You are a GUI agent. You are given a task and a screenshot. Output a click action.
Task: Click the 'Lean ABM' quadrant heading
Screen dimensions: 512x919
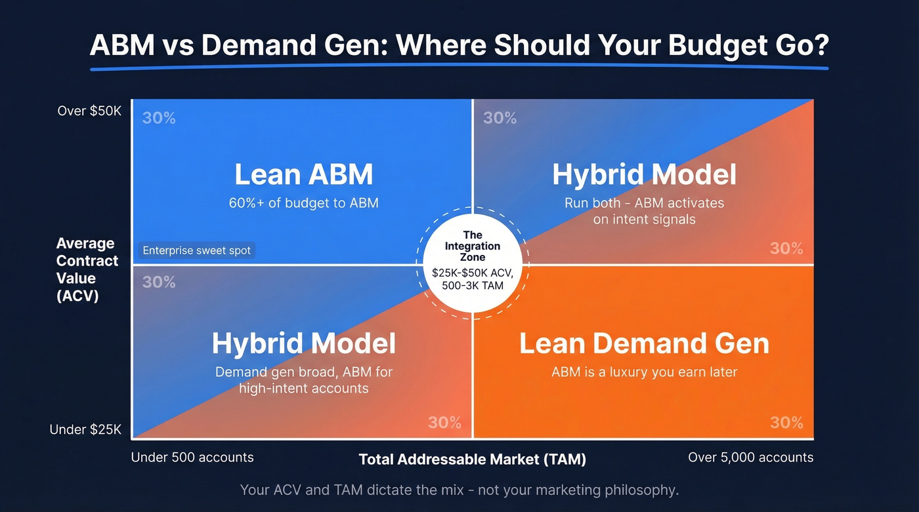[x=303, y=175]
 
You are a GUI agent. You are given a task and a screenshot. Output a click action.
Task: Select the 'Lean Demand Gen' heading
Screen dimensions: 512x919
[x=643, y=344]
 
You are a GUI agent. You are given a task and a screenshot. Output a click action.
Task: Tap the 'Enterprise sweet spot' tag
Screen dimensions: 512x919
[x=197, y=250]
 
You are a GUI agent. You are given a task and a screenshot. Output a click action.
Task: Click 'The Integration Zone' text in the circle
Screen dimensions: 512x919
[x=473, y=246]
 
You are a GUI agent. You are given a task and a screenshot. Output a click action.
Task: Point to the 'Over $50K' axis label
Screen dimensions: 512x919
[x=89, y=111]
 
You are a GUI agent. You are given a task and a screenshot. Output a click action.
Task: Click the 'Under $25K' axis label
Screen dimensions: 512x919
[x=86, y=430]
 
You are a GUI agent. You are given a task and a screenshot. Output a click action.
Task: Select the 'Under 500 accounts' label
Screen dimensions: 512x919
[x=192, y=458]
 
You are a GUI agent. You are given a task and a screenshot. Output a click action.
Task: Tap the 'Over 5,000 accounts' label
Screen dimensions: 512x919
[x=750, y=458]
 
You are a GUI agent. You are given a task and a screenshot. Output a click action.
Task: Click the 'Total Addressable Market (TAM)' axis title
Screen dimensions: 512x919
[x=472, y=460]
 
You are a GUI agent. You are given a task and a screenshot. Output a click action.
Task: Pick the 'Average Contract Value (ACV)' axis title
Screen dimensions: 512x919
[x=87, y=269]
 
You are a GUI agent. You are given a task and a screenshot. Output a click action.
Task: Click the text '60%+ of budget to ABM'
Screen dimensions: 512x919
[x=303, y=203]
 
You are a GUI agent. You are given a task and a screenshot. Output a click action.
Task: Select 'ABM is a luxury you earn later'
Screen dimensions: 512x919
[x=644, y=372]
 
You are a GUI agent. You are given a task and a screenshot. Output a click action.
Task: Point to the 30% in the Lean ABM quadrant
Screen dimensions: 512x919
[x=159, y=118]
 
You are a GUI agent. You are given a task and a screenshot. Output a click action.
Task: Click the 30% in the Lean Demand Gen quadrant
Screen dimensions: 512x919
[x=786, y=422]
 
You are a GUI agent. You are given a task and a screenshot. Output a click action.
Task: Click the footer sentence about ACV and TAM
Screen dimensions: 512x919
[x=459, y=490]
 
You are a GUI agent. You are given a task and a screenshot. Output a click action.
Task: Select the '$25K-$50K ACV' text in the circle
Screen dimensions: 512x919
[x=473, y=272]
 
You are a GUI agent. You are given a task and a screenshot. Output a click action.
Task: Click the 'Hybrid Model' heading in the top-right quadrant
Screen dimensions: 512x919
[x=644, y=175]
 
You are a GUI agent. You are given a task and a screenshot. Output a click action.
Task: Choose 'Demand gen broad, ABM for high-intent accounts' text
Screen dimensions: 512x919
[x=303, y=380]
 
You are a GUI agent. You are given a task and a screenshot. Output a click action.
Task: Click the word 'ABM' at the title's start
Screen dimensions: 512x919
[x=123, y=45]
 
